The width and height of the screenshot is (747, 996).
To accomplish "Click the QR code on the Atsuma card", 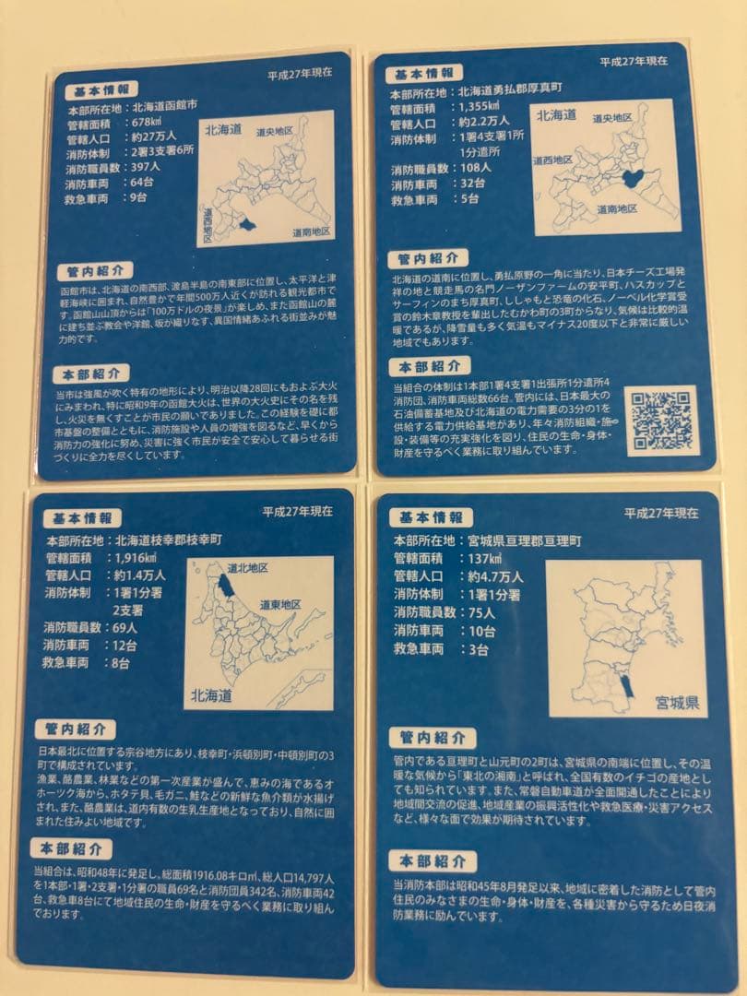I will point(661,420).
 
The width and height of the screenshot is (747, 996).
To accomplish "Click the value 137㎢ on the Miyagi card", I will point(483,559).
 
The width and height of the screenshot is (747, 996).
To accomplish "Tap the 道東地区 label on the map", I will point(279,603).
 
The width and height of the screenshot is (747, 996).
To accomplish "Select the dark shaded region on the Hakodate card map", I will point(243,224).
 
